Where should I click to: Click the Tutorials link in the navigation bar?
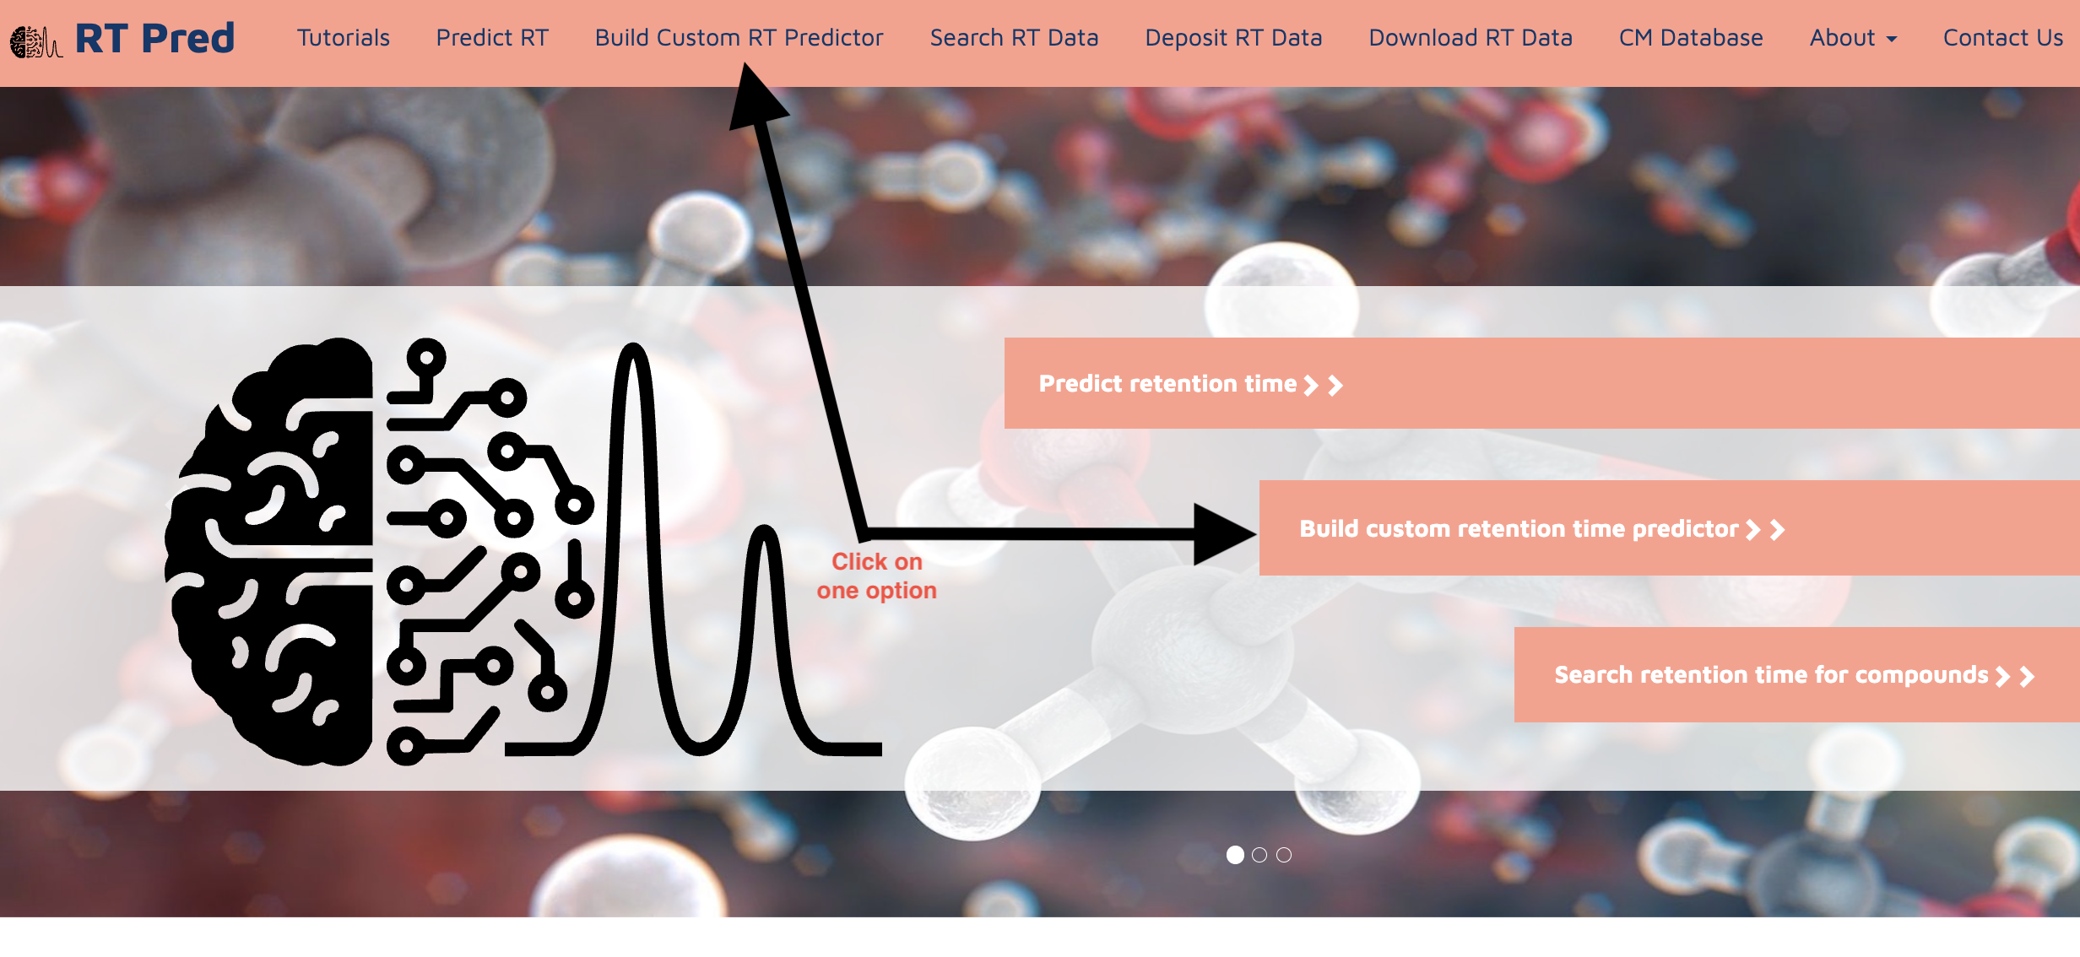(x=343, y=38)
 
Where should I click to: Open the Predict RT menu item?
(x=492, y=38)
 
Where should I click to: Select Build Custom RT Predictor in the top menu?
(x=739, y=38)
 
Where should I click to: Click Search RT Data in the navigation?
(x=1014, y=38)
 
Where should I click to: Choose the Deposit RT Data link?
(x=1233, y=38)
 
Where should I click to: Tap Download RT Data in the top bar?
(x=1471, y=38)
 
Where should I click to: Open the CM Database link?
(x=1691, y=38)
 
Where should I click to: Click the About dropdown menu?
(x=1853, y=38)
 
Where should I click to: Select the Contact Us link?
(x=2003, y=38)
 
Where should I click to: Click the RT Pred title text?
(x=154, y=39)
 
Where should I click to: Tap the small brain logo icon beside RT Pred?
(x=35, y=41)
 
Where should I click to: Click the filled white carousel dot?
(x=1235, y=855)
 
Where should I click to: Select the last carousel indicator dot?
(x=1284, y=855)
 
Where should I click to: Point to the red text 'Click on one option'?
(x=876, y=576)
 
